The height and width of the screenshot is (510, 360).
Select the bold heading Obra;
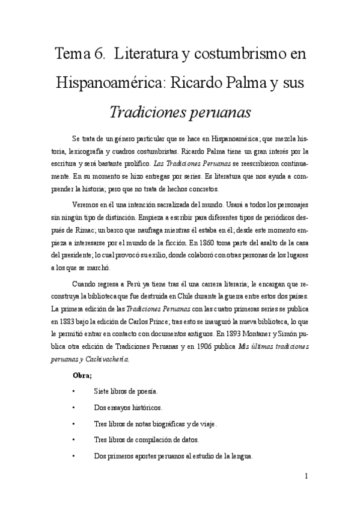tap(82, 377)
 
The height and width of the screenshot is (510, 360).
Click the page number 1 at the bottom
tap(307, 477)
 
